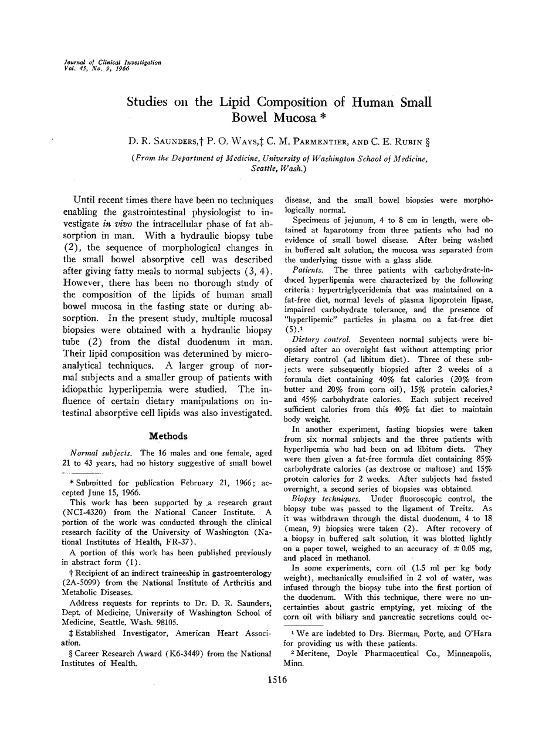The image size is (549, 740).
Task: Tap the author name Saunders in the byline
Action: click(x=177, y=143)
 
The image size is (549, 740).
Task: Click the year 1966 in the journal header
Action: click(x=119, y=68)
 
